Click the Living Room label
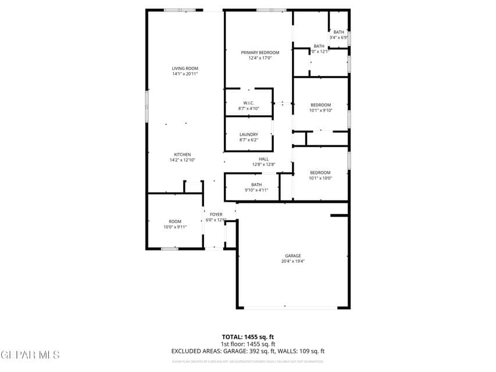click(x=184, y=69)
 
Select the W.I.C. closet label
click(x=248, y=103)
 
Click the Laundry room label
click(x=248, y=134)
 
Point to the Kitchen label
click(x=182, y=155)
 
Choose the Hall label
click(x=263, y=159)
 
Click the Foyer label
click(x=216, y=214)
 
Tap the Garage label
click(x=292, y=256)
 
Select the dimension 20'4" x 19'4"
click(x=292, y=262)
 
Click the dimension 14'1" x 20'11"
click(x=184, y=74)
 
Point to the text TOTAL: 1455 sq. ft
click(x=248, y=337)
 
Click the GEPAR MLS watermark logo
click(x=30, y=355)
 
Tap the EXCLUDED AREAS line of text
click(x=248, y=351)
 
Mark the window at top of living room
click(x=179, y=10)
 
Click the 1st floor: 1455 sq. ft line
click(x=248, y=344)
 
